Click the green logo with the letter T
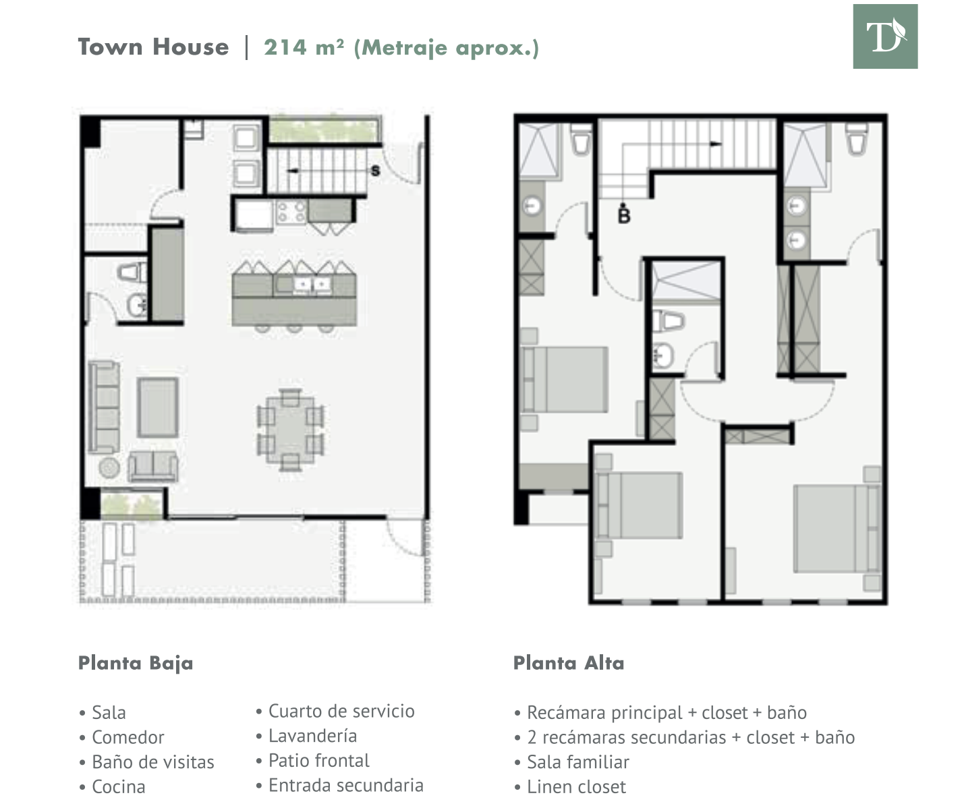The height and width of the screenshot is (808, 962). click(x=885, y=36)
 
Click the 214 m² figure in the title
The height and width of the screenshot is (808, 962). click(x=304, y=47)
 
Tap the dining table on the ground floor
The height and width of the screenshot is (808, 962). click(x=290, y=430)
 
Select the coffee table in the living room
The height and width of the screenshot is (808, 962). click(x=158, y=407)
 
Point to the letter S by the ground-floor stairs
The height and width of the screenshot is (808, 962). click(x=376, y=171)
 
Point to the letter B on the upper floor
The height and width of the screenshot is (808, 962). click(x=624, y=216)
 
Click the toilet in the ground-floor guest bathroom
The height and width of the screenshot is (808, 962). click(x=132, y=272)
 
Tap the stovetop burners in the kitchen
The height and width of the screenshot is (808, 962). click(x=291, y=212)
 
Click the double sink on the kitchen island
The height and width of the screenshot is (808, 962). click(x=312, y=284)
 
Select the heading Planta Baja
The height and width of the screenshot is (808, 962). click(x=136, y=664)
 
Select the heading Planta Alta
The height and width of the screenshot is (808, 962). click(x=569, y=663)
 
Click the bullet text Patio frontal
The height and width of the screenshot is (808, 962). click(x=319, y=760)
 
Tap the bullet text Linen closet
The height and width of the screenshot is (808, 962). click(x=576, y=786)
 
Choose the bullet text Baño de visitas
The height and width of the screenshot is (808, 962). click(x=153, y=762)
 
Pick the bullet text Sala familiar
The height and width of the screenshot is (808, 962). click(x=578, y=762)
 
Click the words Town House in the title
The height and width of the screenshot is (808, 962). click(x=153, y=47)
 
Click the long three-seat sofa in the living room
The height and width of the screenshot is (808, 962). click(x=104, y=407)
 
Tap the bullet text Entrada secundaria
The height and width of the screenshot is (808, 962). click(x=346, y=785)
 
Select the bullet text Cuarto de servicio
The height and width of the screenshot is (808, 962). click(x=341, y=711)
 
